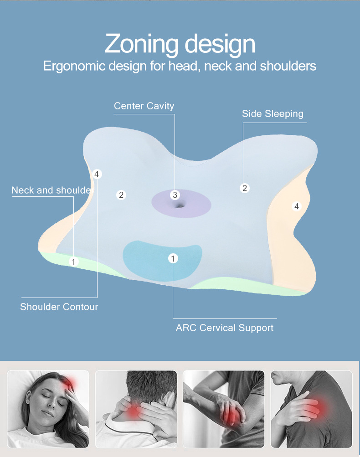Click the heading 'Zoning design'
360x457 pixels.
click(x=180, y=44)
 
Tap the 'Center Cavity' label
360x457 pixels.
click(x=144, y=106)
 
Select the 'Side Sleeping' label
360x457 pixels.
click(x=273, y=113)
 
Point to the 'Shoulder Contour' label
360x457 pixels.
click(x=59, y=307)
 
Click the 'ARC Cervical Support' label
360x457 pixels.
click(x=225, y=328)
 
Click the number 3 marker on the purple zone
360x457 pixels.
click(x=175, y=195)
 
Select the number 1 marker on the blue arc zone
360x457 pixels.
click(x=173, y=259)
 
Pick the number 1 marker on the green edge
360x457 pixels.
click(x=74, y=262)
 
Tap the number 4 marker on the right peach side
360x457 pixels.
click(x=297, y=206)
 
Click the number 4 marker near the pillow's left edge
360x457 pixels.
click(x=96, y=174)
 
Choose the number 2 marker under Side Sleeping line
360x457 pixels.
click(x=245, y=188)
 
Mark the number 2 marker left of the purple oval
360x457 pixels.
click(x=121, y=195)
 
